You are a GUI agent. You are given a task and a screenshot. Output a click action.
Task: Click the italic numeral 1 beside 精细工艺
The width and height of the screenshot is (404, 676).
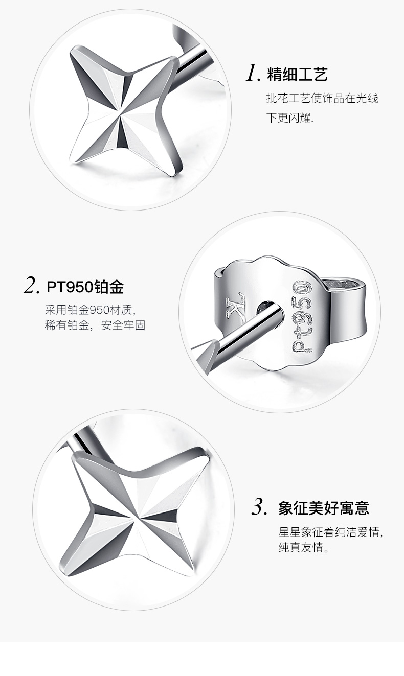point(253,74)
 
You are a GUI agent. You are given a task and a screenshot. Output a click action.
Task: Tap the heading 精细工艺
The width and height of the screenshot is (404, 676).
point(298,74)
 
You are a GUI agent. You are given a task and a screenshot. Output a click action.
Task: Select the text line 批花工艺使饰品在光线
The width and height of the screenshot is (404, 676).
point(322,98)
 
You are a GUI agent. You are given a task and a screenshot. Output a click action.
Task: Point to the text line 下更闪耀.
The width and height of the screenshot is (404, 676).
point(290,118)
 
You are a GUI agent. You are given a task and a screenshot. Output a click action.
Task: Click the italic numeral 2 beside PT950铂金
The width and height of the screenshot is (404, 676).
point(31,286)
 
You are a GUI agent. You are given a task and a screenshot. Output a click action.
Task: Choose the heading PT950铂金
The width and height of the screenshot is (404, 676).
point(85,287)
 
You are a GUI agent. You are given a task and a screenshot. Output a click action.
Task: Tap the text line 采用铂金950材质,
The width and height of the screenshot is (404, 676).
point(91,310)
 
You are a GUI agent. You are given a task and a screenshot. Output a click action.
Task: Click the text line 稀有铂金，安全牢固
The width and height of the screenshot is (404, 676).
point(95,325)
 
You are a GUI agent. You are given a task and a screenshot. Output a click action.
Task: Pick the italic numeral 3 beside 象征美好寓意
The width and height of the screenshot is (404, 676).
point(260,507)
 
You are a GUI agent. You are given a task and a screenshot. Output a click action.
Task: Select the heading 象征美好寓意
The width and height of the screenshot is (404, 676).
point(324,507)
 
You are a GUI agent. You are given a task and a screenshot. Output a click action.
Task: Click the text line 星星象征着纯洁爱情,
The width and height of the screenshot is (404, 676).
point(331,532)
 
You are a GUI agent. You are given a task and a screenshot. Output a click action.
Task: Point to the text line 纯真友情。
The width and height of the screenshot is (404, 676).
point(304,547)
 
